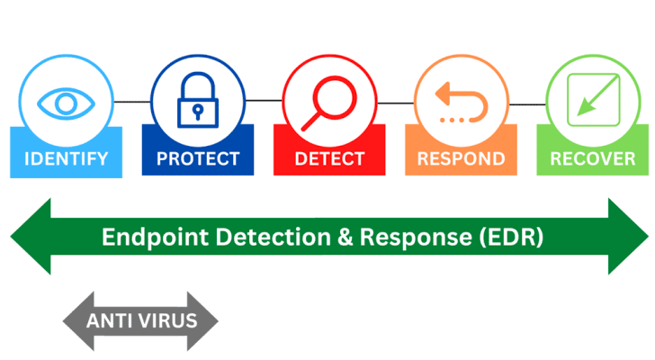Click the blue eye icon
[66, 103]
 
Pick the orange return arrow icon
[462, 103]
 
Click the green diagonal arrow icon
[593, 100]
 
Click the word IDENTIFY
[66, 159]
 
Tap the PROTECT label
[198, 158]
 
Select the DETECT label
[329, 158]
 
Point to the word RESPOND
[462, 158]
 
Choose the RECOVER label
[593, 158]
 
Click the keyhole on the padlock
[198, 112]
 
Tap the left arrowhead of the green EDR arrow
[31, 237]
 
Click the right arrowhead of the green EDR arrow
[628, 237]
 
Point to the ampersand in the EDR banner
[345, 238]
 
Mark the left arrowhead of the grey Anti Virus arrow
[78, 321]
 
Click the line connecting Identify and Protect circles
[132, 102]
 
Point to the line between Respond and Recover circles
[527, 104]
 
